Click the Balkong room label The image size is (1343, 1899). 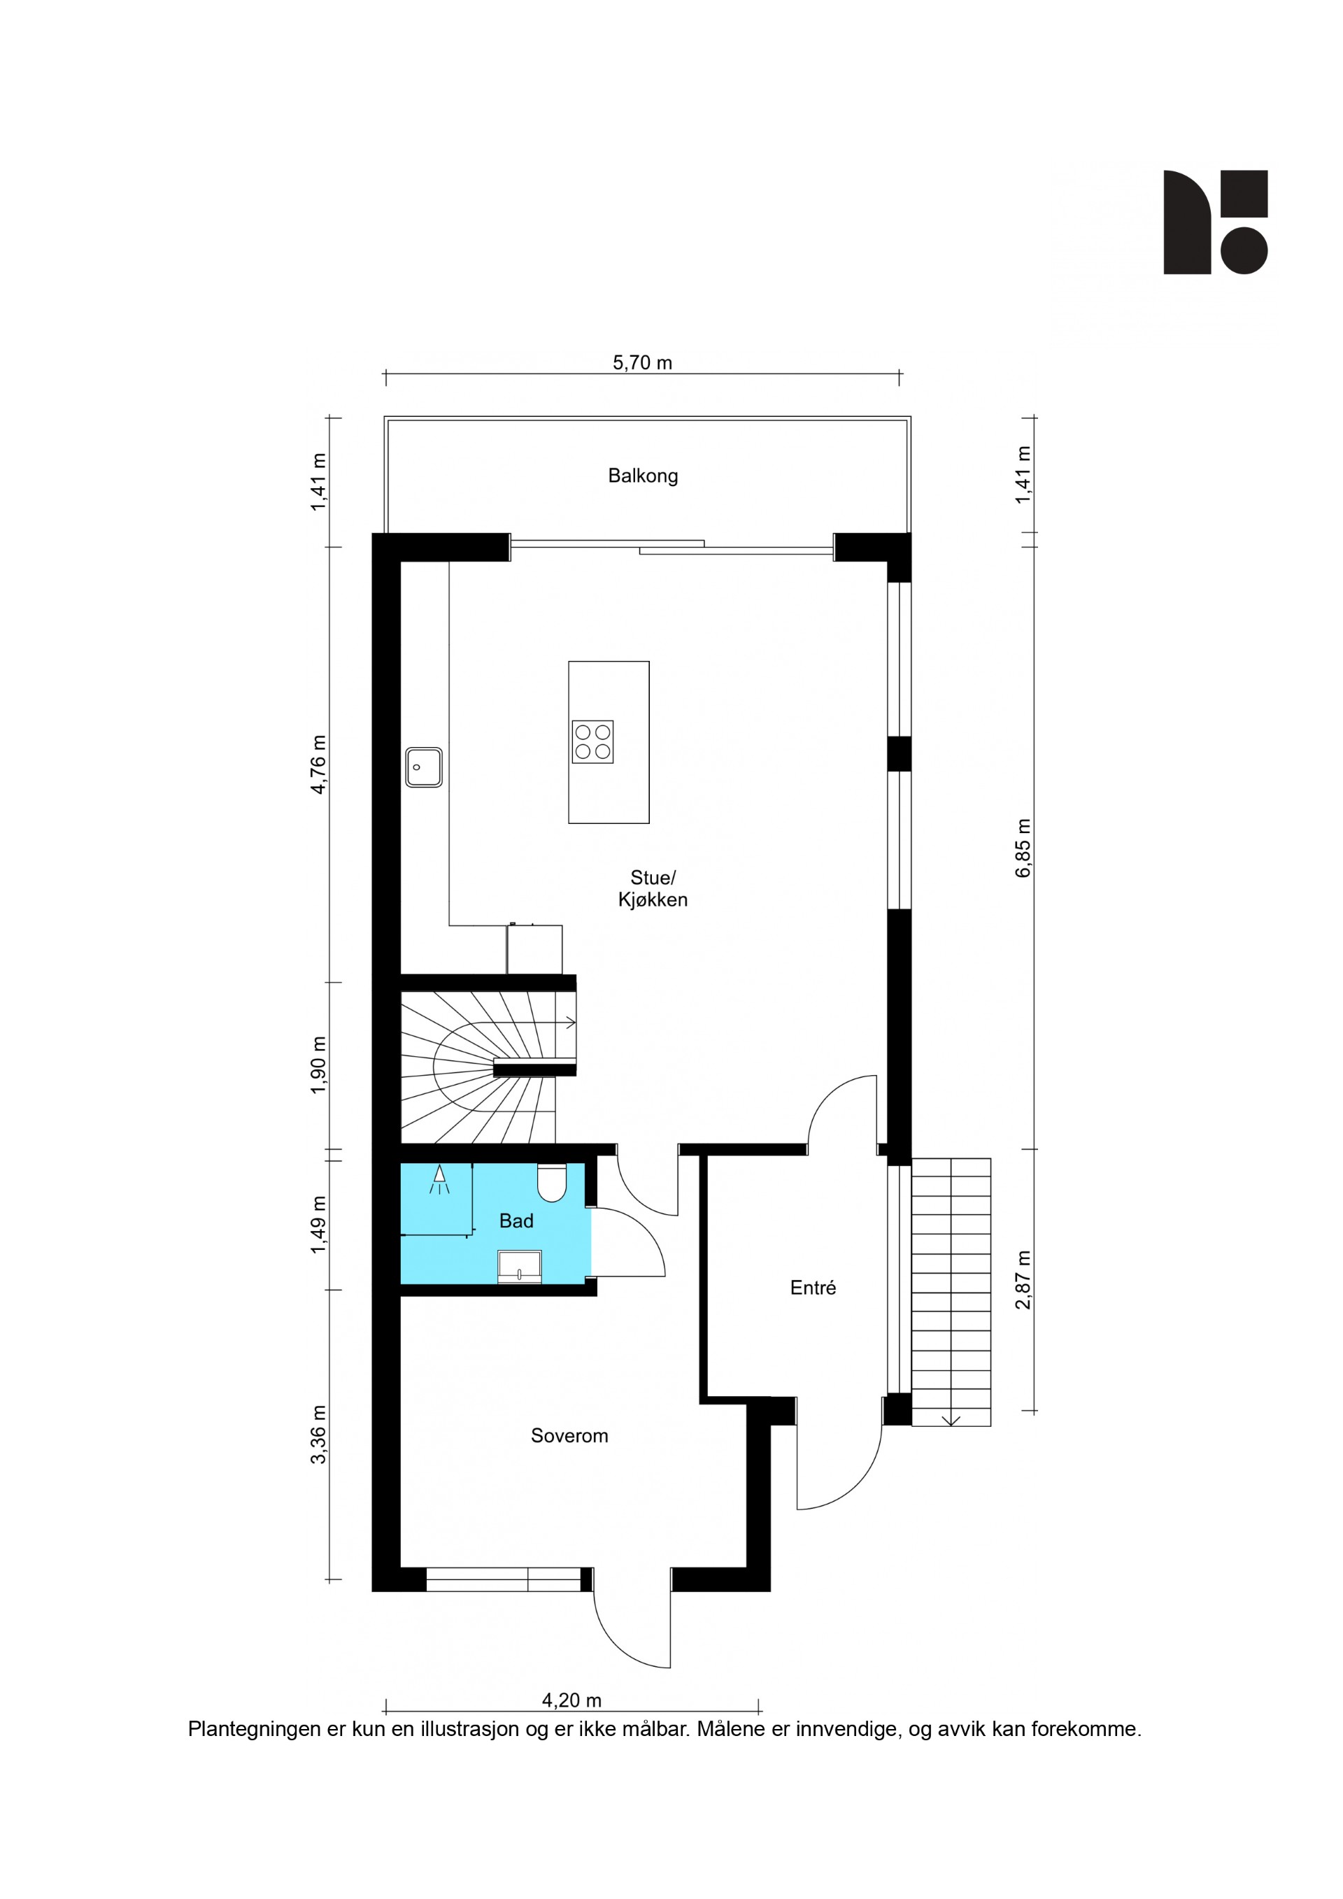[643, 476]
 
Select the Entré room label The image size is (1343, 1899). [813, 1288]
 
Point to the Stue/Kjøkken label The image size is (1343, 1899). [653, 888]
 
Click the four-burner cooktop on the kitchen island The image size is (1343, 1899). [592, 742]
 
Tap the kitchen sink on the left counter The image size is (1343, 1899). [423, 767]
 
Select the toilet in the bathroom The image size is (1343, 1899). [552, 1182]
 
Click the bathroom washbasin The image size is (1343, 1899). [519, 1266]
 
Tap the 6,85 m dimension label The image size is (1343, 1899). [1024, 848]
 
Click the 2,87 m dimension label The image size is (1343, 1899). [1024, 1279]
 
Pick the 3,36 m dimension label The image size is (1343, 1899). [318, 1434]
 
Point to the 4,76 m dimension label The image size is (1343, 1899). [318, 764]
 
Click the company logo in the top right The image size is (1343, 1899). [1216, 222]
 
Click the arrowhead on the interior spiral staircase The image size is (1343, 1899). [570, 1023]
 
